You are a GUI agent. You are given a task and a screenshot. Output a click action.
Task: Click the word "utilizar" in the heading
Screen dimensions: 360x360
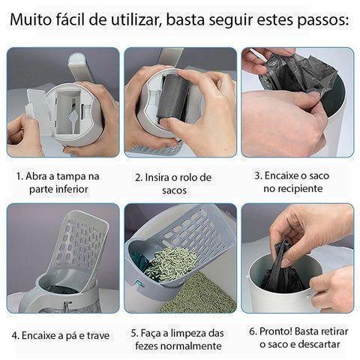pyautogui.click(x=135, y=19)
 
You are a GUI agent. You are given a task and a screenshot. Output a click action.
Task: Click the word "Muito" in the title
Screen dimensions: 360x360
pyautogui.click(x=28, y=19)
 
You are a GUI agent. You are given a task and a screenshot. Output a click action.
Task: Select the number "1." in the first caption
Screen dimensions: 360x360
pyautogui.click(x=19, y=176)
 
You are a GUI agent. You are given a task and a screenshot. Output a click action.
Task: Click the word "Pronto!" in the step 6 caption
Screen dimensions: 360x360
pyautogui.click(x=276, y=331)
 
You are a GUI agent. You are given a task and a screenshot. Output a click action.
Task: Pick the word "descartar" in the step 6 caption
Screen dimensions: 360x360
pyautogui.click(x=319, y=344)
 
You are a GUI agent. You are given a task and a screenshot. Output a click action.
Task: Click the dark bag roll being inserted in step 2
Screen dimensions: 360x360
pyautogui.click(x=172, y=98)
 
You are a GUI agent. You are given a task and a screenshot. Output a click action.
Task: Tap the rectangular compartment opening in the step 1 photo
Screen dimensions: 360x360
pyautogui.click(x=68, y=112)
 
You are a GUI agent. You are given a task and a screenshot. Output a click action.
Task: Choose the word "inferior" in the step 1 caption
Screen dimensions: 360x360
pyautogui.click(x=73, y=189)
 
